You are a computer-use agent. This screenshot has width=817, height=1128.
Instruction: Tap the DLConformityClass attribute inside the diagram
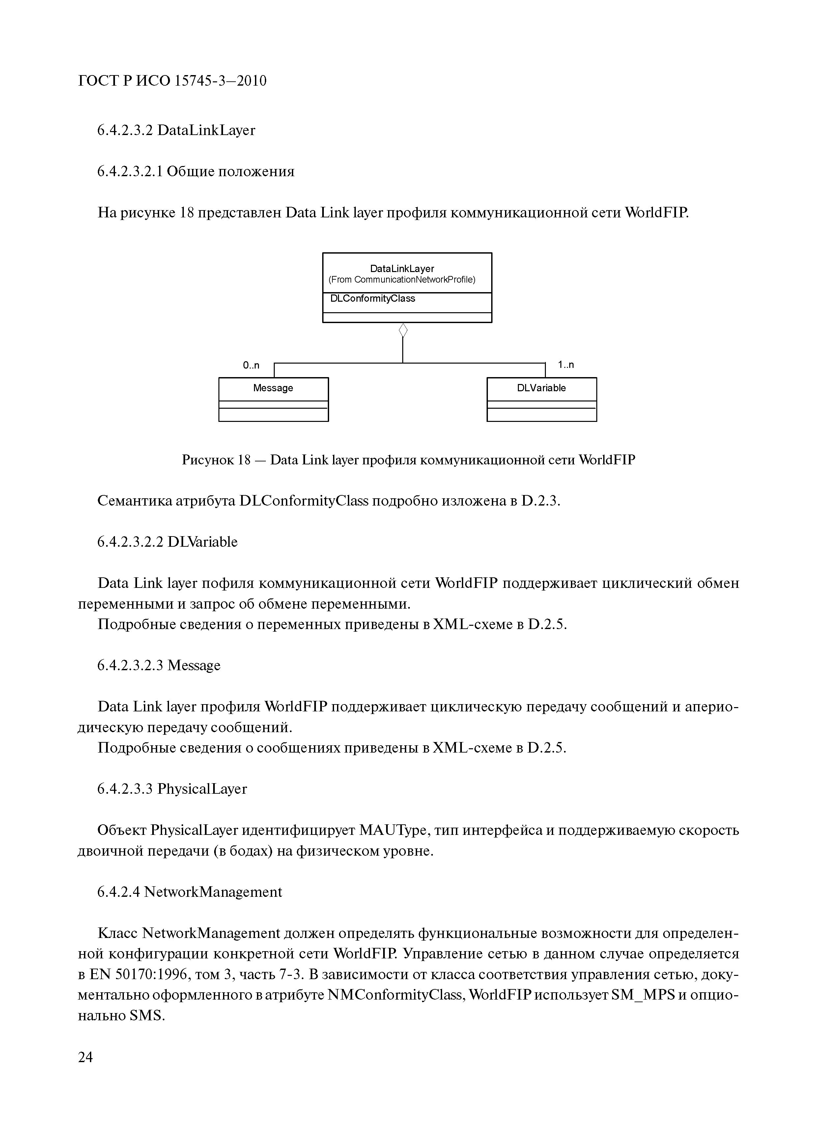pos(373,298)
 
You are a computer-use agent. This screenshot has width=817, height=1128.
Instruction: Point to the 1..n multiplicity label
pos(566,365)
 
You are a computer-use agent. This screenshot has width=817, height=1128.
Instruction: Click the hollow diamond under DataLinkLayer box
pos(403,330)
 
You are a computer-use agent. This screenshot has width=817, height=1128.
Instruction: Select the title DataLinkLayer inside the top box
pos(402,268)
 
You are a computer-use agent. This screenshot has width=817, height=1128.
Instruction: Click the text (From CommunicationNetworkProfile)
pos(402,280)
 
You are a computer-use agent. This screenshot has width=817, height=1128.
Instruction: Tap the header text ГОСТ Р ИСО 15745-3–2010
pos(172,81)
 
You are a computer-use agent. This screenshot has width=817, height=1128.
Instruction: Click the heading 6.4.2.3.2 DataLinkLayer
pos(176,130)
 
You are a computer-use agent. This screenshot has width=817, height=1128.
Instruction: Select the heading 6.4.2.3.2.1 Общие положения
pos(196,172)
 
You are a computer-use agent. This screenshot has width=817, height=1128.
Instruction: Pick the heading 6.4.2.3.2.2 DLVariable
pos(168,542)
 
